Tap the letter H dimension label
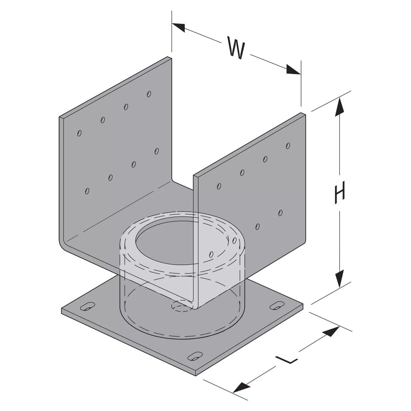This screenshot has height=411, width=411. click(x=340, y=193)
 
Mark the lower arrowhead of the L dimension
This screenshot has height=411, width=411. click(x=241, y=386)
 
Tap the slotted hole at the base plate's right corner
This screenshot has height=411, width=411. click(x=277, y=305)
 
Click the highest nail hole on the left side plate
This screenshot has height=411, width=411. click(x=149, y=93)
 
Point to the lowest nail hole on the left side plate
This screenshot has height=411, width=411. click(x=87, y=191)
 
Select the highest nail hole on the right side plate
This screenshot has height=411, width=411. click(x=288, y=146)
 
